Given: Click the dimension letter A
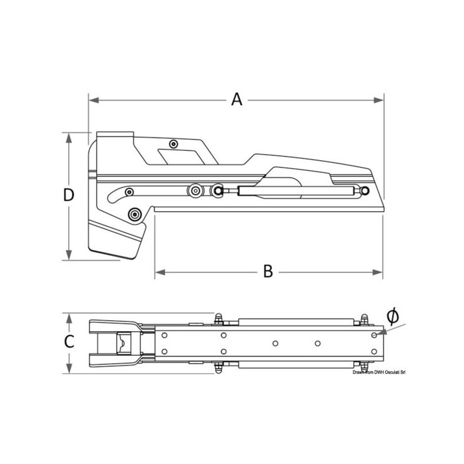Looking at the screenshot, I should coord(236,100).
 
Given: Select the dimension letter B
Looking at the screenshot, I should coord(267,271).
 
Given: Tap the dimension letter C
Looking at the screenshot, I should coord(69,342).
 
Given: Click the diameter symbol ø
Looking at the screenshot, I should coord(392,316).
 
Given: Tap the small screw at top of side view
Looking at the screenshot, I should coord(173,144).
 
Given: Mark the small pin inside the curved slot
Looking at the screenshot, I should coord(129,192).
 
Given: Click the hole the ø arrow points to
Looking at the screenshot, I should coord(375,335).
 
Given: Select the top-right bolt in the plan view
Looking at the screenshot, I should coord(364,318).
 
